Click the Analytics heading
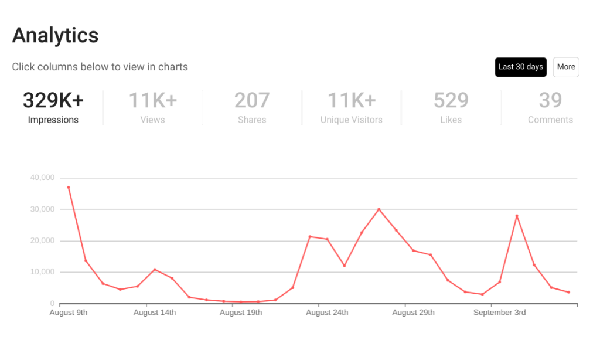point(55,36)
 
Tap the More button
point(565,67)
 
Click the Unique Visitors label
point(351,120)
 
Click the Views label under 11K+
point(152,120)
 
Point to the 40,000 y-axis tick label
point(42,178)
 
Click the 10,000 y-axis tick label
point(42,272)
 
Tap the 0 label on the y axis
point(52,304)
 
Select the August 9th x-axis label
point(69,313)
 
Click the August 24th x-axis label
point(327,313)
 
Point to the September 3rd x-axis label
point(499,313)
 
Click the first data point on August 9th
point(69,188)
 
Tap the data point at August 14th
point(155,270)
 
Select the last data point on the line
point(568,292)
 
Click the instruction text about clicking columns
point(100,67)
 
